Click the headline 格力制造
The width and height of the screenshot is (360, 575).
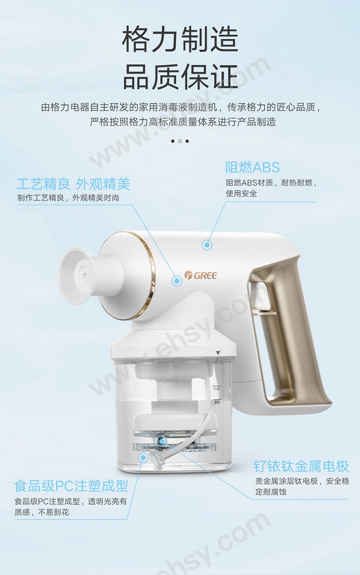tap(180, 40)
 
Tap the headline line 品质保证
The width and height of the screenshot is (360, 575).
tap(180, 77)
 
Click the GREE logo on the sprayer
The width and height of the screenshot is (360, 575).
tap(201, 275)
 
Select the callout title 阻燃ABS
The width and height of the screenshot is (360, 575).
tap(252, 167)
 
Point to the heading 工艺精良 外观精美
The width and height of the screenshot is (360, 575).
tap(73, 184)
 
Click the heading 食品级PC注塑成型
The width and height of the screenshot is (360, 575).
tap(71, 486)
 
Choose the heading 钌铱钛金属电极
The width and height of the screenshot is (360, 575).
tap(301, 466)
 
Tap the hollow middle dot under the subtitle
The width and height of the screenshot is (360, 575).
tap(180, 141)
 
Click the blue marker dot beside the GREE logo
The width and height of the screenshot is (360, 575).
tap(177, 281)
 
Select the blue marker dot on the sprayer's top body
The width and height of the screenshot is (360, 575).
tap(207, 245)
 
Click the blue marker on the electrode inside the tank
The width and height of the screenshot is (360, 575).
tap(162, 441)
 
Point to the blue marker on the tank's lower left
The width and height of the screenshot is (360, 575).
tap(143, 457)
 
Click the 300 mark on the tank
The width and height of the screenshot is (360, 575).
tap(217, 402)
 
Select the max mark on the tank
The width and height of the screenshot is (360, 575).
tap(217, 388)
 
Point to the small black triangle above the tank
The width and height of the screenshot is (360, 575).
tap(218, 353)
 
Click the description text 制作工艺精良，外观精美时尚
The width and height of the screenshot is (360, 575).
tap(68, 198)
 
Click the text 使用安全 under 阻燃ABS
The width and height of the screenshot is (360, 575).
tap(242, 193)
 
